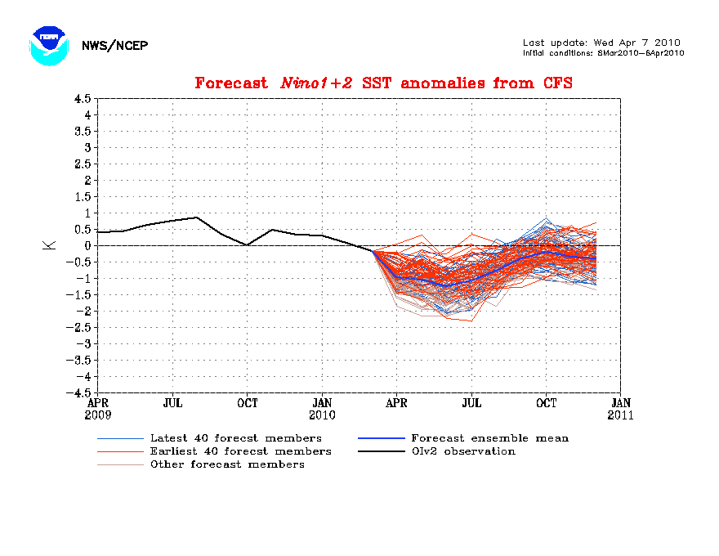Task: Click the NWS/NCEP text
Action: pos(114,46)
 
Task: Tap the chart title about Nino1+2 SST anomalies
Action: pos(383,83)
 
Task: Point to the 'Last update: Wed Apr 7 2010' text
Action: pos(601,43)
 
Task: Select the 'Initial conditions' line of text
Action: pos(603,53)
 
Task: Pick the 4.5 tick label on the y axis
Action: pos(82,98)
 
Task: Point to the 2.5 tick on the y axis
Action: pos(82,164)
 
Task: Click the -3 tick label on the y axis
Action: pos(82,343)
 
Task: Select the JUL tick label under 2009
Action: pos(172,403)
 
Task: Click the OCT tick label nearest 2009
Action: pos(248,403)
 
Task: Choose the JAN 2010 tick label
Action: pos(322,409)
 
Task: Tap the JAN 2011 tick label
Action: pos(620,409)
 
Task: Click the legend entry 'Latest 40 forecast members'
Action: pos(235,438)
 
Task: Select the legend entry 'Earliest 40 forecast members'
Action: pos(240,451)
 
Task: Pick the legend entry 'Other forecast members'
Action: pos(226,464)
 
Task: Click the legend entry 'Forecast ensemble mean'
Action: pos(489,438)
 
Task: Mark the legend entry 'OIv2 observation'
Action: pos(462,451)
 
